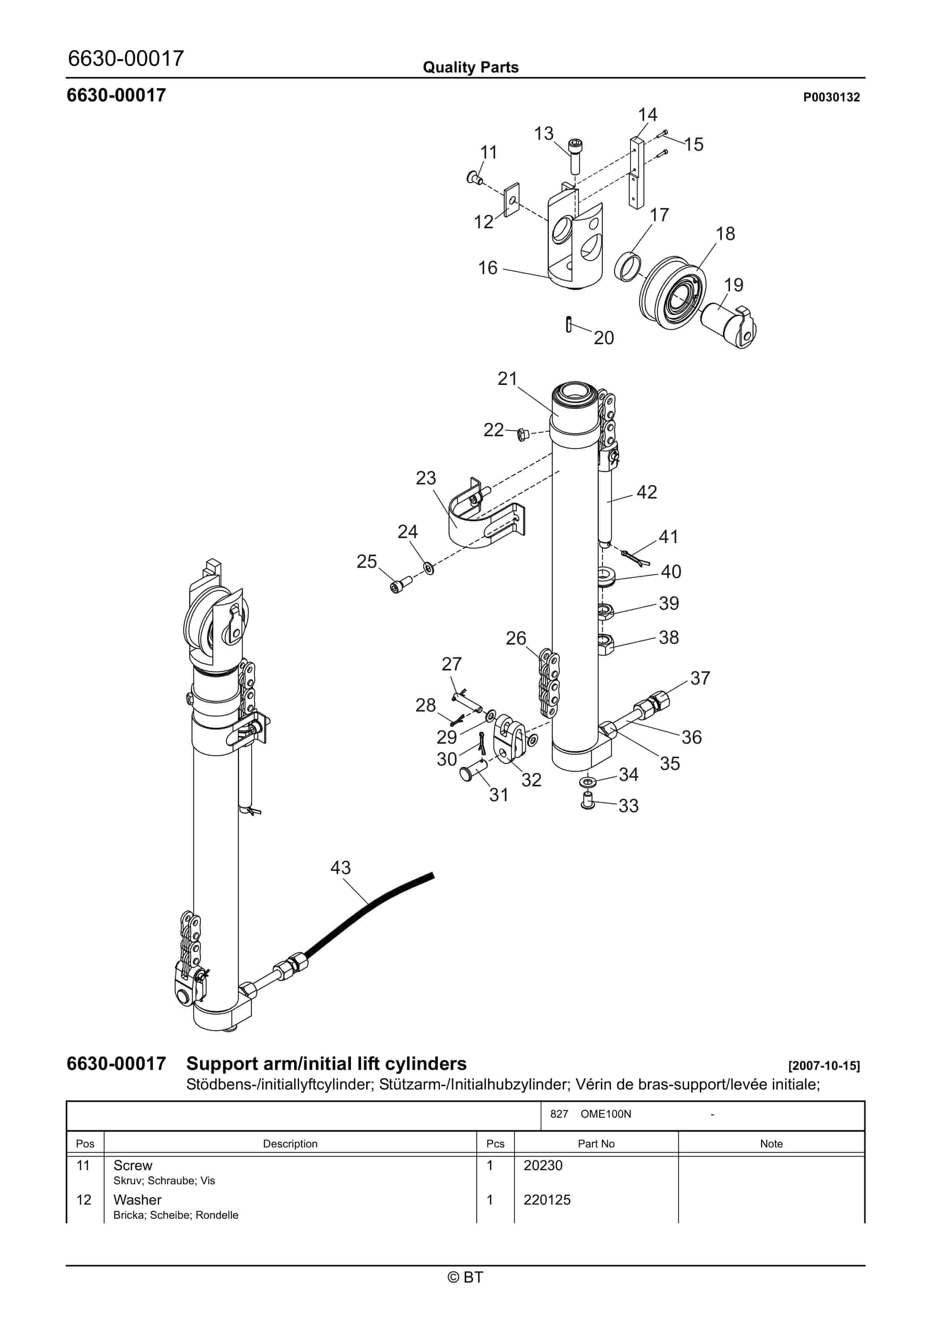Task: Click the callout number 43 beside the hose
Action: [x=340, y=867]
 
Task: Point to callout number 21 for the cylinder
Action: [x=507, y=379]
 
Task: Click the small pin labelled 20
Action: [x=568, y=325]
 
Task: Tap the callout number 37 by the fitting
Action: [x=700, y=678]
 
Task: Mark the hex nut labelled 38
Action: [x=606, y=645]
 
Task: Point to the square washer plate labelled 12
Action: [x=511, y=199]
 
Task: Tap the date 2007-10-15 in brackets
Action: [x=824, y=1066]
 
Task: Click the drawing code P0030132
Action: [x=831, y=97]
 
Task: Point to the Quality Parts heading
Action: [x=470, y=67]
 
